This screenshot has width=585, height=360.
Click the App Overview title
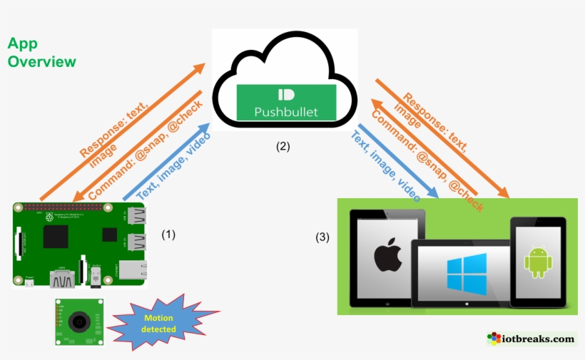click(x=41, y=53)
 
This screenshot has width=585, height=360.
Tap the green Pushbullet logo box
click(x=286, y=102)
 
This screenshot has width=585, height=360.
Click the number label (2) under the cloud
click(x=284, y=147)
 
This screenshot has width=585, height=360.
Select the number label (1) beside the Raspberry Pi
click(x=168, y=234)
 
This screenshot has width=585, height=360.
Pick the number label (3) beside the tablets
click(x=322, y=237)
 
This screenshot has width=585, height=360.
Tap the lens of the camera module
click(x=78, y=322)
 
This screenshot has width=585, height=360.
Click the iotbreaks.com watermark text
click(x=541, y=339)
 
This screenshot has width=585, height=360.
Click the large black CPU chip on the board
click(x=56, y=236)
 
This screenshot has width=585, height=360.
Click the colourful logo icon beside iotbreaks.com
click(x=494, y=339)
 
